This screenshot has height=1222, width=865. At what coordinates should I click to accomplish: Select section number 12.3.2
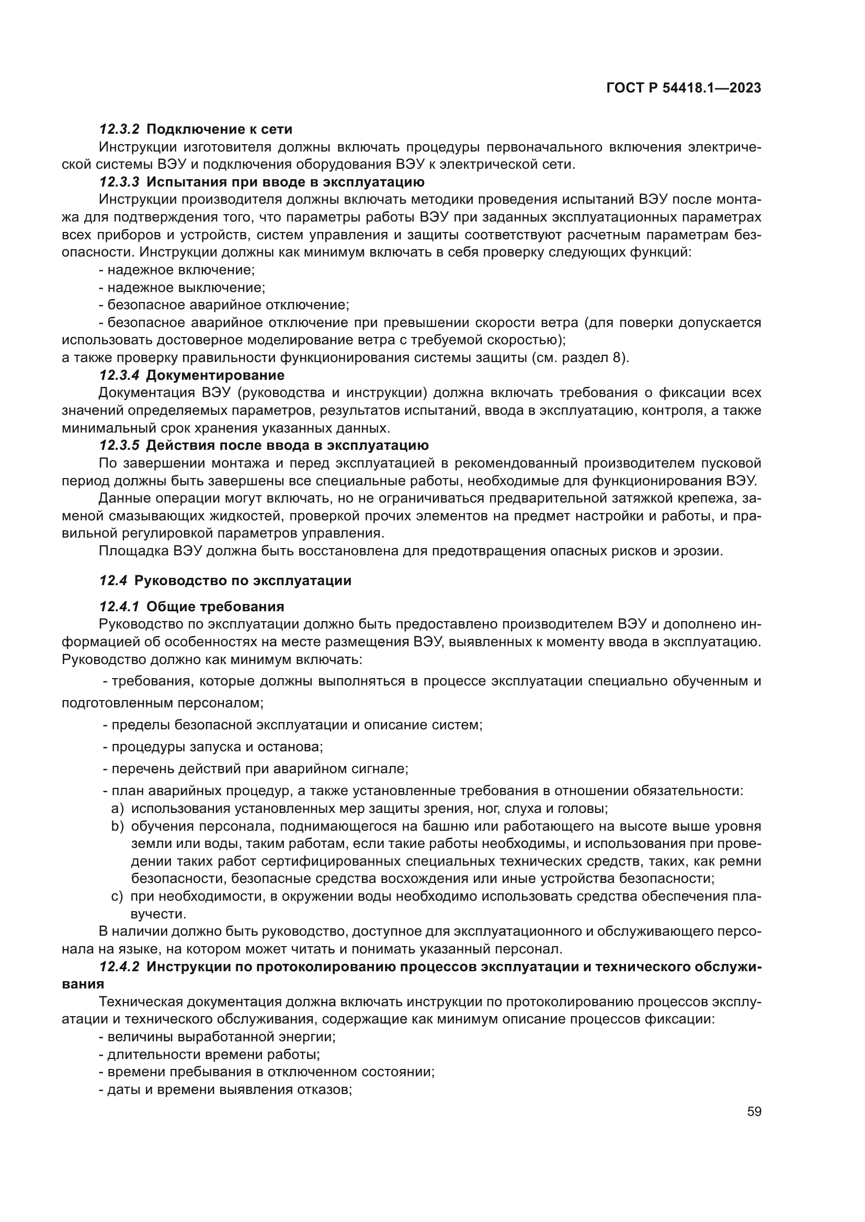[119, 130]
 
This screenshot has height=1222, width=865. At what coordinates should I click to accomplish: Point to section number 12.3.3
[119, 182]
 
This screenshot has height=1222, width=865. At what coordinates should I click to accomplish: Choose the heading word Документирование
[215, 375]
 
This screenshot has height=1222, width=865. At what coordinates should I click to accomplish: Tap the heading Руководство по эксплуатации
[243, 580]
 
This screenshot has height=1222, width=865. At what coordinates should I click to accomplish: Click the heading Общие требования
[215, 607]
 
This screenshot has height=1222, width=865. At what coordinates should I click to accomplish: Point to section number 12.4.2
[119, 967]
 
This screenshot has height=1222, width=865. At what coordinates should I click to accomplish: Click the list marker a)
[117, 808]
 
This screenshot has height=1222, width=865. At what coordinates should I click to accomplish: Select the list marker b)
[117, 826]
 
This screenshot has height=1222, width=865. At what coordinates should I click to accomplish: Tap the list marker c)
[117, 897]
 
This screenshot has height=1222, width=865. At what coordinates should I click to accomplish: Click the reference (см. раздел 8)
[580, 358]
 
